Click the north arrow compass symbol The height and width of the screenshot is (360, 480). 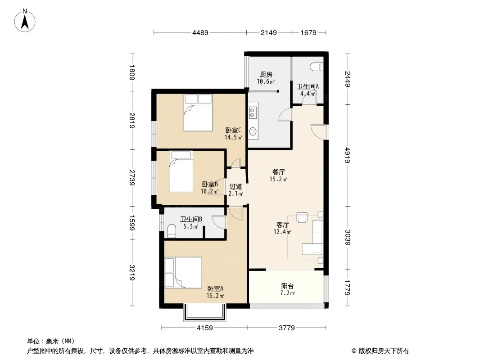click(25, 21)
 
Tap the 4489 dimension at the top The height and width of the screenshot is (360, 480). click(200, 32)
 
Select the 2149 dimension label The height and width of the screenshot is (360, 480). click(268, 32)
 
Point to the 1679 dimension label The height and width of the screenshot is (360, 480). click(308, 32)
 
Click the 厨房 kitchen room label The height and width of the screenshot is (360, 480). click(266, 74)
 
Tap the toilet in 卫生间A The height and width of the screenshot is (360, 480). click(317, 66)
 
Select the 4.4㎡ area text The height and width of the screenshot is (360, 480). click(308, 94)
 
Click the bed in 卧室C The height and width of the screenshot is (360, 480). click(198, 112)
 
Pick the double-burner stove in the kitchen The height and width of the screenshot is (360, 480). click(253, 112)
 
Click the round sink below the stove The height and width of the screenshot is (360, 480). click(253, 131)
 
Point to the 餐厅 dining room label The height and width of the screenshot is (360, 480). click(279, 172)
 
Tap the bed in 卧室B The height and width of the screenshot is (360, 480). click(181, 171)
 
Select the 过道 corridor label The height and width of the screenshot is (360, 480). click(235, 187)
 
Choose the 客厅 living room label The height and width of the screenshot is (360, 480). click(282, 225)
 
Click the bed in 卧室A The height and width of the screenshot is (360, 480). click(183, 273)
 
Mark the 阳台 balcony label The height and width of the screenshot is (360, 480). click(287, 286)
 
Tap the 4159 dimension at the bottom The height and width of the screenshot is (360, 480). click(204, 328)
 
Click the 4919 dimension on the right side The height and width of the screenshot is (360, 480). click(348, 155)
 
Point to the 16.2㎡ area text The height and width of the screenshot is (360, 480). click(215, 296)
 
